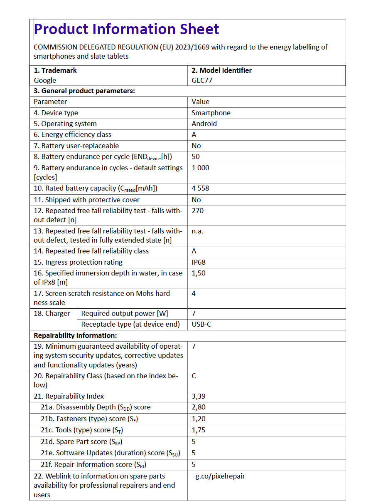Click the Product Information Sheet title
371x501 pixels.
[126, 29]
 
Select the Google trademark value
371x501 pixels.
[45, 80]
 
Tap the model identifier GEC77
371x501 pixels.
[202, 80]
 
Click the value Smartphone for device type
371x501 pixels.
[211, 113]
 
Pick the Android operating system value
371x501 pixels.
[204, 124]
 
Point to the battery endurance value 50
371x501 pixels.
[196, 156]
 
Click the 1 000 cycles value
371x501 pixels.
[200, 168]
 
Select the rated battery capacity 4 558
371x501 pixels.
[200, 188]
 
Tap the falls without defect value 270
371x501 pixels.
[197, 211]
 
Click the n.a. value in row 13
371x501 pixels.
[197, 231]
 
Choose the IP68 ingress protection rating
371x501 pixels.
[199, 262]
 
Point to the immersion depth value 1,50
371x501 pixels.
[199, 273]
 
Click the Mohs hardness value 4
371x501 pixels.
[194, 293]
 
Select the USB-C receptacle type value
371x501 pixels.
[201, 324]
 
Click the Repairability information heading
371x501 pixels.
[75, 335]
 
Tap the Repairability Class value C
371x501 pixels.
[194, 376]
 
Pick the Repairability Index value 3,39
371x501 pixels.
[199, 396]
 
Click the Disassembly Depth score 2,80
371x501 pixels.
[199, 407]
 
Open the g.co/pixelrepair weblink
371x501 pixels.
[220, 476]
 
